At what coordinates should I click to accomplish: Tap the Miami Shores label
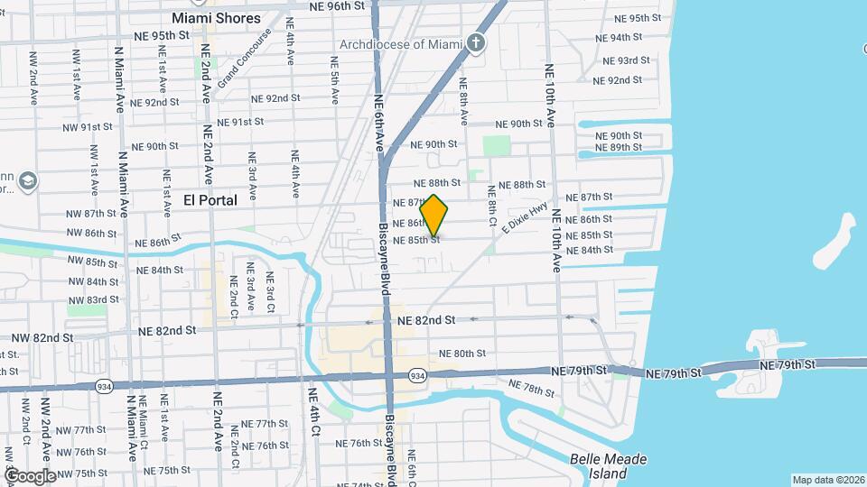216,18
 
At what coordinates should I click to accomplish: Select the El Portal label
210,200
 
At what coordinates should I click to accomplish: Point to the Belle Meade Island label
609,466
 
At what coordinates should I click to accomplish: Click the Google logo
30,475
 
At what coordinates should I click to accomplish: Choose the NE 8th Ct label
492,206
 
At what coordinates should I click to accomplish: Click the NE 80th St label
461,354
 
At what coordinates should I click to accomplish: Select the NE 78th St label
538,389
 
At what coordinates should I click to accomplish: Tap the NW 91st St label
89,127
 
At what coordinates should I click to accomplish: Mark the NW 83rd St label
93,299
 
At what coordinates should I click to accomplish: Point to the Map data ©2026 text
828,480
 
